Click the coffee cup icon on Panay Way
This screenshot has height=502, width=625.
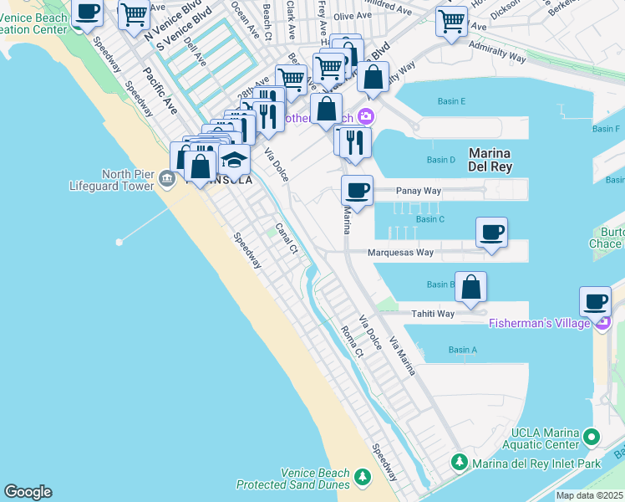pos(357,191)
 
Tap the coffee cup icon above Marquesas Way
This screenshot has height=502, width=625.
pos(491,232)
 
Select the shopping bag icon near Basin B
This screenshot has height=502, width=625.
pos(471,287)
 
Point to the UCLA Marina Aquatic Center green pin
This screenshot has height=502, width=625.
pos(592,436)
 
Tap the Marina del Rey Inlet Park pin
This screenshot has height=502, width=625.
pos(459,462)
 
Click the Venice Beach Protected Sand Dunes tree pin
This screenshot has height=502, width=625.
pos(362,477)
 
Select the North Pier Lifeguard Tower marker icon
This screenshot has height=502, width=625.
pos(165,177)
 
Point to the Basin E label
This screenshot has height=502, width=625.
pos(451,101)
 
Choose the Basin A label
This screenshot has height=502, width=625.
pos(462,350)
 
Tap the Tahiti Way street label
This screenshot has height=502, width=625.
pos(433,314)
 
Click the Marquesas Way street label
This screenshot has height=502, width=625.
pos(402,252)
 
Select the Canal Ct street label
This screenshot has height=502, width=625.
pos(287,238)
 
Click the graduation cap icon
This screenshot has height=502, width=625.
pos(235,159)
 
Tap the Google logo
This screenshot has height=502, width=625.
pos(28,492)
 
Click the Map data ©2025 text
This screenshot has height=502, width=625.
pos(589,495)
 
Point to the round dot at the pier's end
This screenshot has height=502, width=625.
pos(119,242)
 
